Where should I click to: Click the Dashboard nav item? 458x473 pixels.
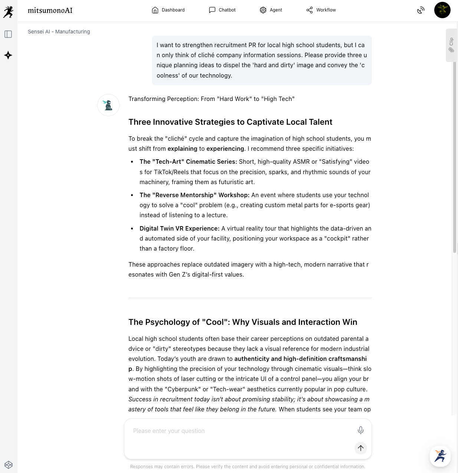tap(168, 10)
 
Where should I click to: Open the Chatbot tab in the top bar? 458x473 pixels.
tap(222, 10)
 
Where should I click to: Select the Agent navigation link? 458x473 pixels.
tap(271, 10)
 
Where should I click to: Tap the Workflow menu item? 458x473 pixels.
tap(321, 10)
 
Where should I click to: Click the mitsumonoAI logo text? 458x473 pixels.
tap(50, 10)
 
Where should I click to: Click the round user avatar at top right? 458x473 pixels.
tap(442, 10)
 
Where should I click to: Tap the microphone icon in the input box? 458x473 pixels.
tap(360, 430)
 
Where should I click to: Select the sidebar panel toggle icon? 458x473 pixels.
tap(8, 34)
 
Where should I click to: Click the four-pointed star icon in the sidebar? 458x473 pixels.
tap(8, 55)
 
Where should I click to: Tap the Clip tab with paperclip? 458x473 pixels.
tap(451, 45)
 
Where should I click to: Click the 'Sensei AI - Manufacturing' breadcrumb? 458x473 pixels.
tap(59, 32)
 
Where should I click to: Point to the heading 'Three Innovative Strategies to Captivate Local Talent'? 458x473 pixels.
tap(230, 122)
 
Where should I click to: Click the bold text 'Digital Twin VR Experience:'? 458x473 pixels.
tap(179, 228)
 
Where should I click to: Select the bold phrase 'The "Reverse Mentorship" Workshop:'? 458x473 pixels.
tap(194, 195)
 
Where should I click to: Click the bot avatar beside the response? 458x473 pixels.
tap(108, 105)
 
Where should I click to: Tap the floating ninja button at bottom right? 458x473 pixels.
tap(440, 456)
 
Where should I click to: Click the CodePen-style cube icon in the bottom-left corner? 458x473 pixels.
tap(9, 464)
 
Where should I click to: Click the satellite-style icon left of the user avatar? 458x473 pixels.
tap(421, 10)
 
